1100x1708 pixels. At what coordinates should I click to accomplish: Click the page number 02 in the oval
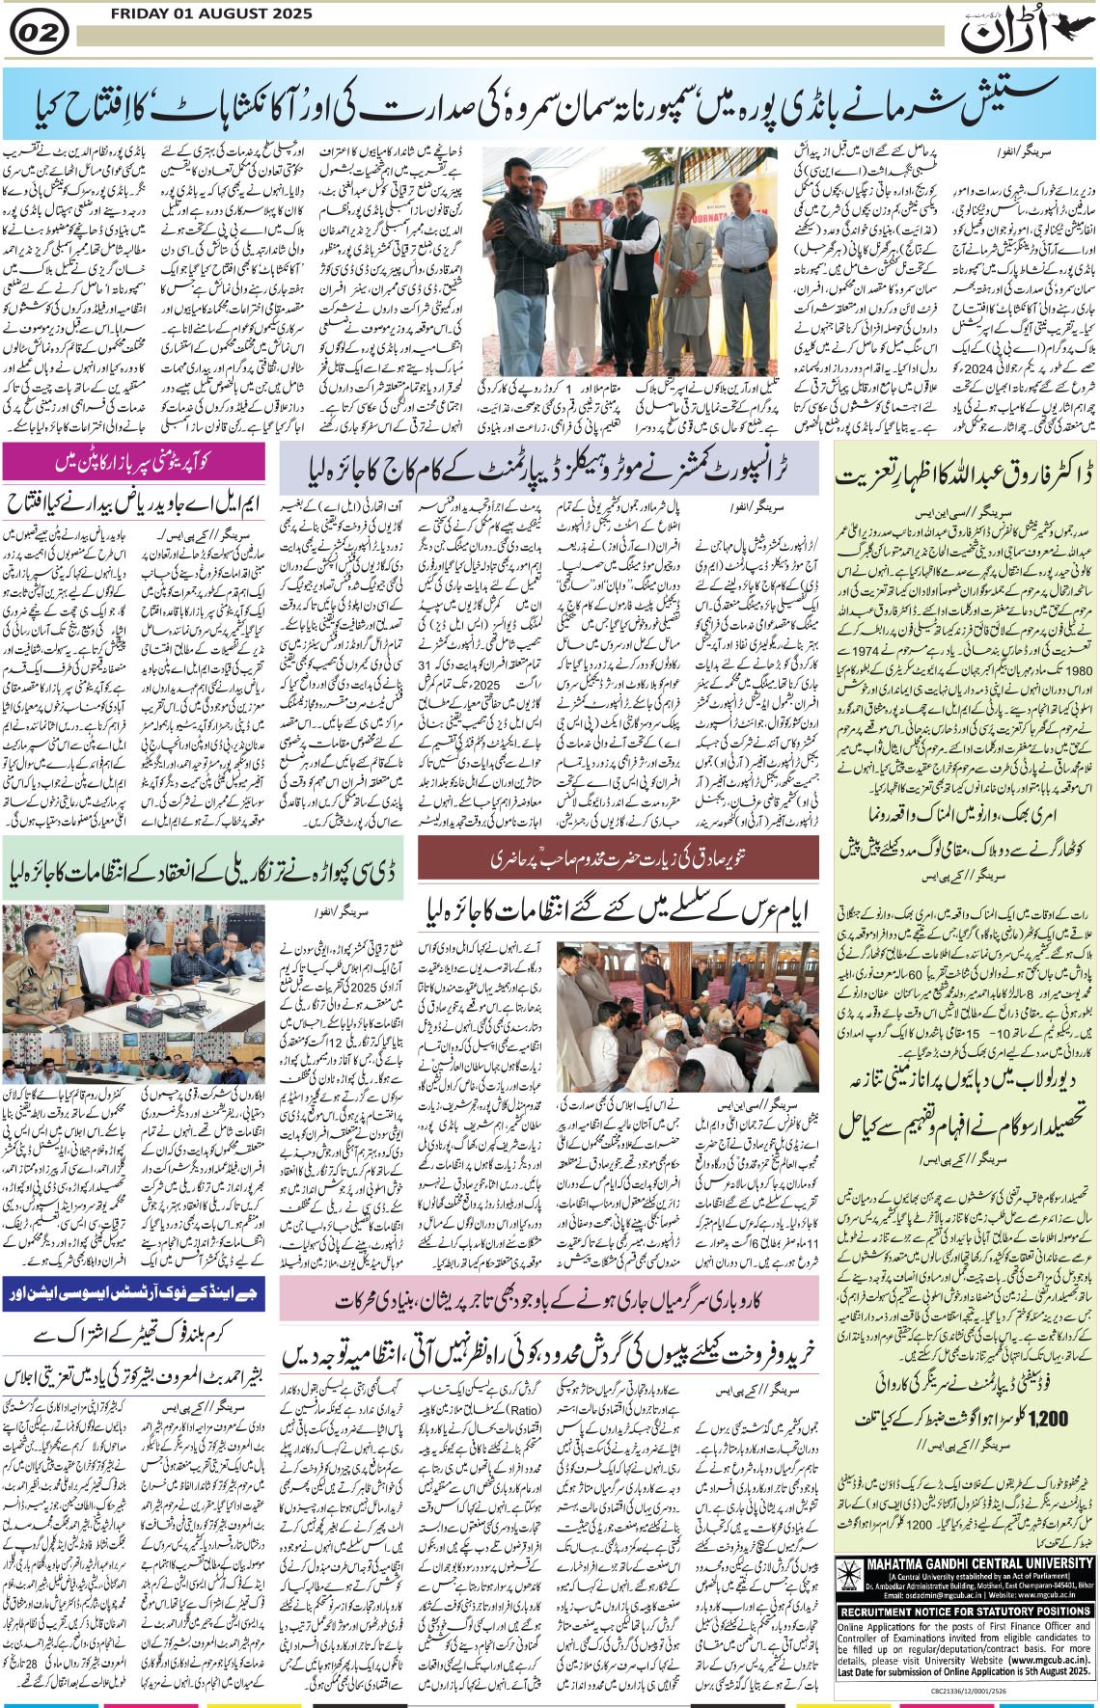(x=39, y=33)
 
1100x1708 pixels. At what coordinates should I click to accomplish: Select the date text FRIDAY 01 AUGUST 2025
(x=211, y=14)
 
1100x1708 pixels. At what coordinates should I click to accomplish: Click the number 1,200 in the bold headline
(x=1048, y=1421)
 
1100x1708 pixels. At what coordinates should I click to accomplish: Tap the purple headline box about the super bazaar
(x=134, y=461)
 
